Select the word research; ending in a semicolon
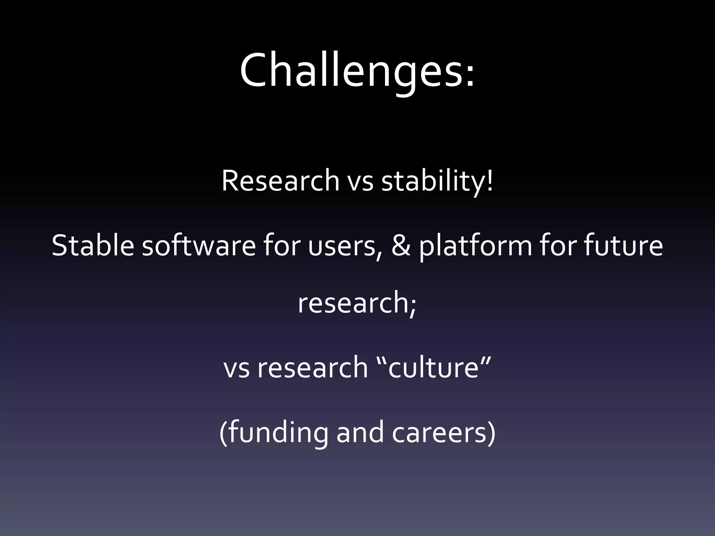click(x=357, y=303)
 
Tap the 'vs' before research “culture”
click(x=236, y=368)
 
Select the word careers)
click(x=443, y=433)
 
